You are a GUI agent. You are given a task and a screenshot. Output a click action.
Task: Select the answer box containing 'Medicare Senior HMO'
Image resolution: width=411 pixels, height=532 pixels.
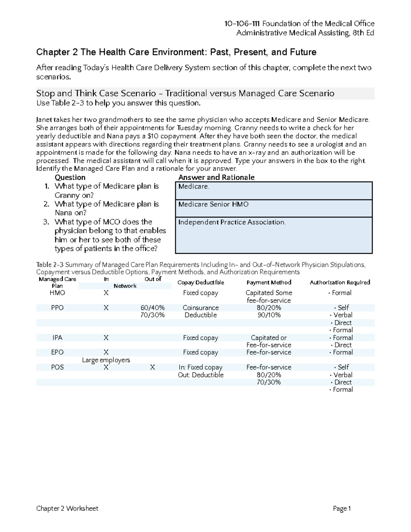pos(274,208)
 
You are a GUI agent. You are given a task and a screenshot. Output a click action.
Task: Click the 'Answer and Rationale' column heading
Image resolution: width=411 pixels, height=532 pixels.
pos(216,177)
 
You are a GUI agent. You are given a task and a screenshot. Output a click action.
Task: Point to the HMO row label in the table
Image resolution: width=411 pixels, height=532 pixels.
pos(57,293)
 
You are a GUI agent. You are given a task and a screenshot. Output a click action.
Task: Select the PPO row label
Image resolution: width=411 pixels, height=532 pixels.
pos(57,308)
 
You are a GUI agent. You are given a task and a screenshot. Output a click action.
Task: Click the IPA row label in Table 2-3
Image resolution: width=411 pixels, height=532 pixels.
pos(57,338)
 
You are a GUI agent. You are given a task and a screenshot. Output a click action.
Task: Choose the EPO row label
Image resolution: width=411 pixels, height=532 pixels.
pos(57,352)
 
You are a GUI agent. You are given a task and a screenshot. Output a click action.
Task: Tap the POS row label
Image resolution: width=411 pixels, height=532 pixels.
pos(57,367)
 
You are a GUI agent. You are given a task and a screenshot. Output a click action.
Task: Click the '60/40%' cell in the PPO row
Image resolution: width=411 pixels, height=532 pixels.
pos(152,308)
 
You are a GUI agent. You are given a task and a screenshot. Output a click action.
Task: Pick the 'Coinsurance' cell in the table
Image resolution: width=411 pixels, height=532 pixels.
pos(200,308)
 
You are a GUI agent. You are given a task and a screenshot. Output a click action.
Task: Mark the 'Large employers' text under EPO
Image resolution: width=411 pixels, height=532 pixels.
pos(106,360)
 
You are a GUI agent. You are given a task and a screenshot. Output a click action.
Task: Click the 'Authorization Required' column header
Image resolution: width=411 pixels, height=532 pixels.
pos(340,282)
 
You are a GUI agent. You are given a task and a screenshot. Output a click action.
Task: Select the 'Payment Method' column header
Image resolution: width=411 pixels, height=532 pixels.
pos(269,282)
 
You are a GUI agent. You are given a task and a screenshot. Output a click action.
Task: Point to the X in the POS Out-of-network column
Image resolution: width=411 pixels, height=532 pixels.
pos(152,367)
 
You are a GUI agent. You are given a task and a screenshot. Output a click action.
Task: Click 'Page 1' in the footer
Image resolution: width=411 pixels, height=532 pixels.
pos(342,508)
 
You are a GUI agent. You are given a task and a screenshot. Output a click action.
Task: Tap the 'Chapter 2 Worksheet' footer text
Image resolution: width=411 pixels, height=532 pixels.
pos(67,508)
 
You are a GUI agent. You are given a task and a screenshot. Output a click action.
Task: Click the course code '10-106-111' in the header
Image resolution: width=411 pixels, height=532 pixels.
pos(242,24)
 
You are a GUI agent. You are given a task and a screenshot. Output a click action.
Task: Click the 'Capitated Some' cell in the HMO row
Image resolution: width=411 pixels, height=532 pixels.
pos(269,293)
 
